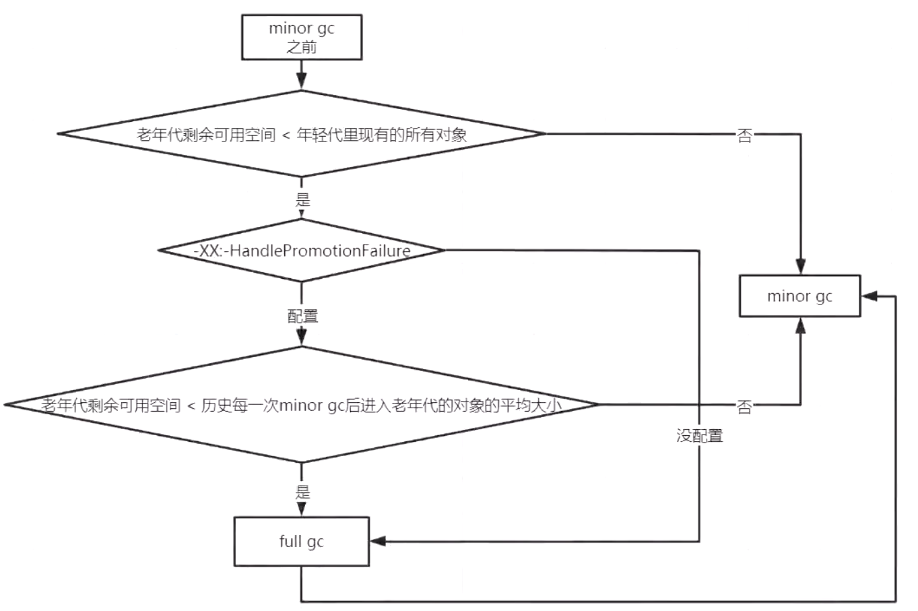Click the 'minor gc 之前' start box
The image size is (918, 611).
pos(302,37)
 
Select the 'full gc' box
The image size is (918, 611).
pos(302,542)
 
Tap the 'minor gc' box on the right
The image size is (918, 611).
pos(800,296)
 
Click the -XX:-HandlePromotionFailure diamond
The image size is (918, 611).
pos(302,251)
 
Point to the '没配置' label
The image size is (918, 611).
pos(700,436)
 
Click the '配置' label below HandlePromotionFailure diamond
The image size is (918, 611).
pos(303,316)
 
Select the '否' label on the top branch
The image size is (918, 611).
pos(745,135)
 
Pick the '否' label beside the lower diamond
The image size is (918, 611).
pos(744,407)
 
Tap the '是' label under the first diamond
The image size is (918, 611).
pos(303,200)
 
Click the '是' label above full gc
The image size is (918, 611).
pos(303,492)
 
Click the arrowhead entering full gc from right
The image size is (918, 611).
pos(377,542)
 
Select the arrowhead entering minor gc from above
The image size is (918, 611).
pos(800,266)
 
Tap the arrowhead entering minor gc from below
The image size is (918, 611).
pos(800,325)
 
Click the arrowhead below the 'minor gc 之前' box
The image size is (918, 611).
pos(302,80)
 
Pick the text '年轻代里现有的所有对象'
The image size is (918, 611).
pos(381,135)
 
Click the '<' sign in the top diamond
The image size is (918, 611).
pos(286,135)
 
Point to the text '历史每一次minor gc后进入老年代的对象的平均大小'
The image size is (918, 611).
pos(381,406)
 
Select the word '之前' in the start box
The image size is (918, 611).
pos(302,47)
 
